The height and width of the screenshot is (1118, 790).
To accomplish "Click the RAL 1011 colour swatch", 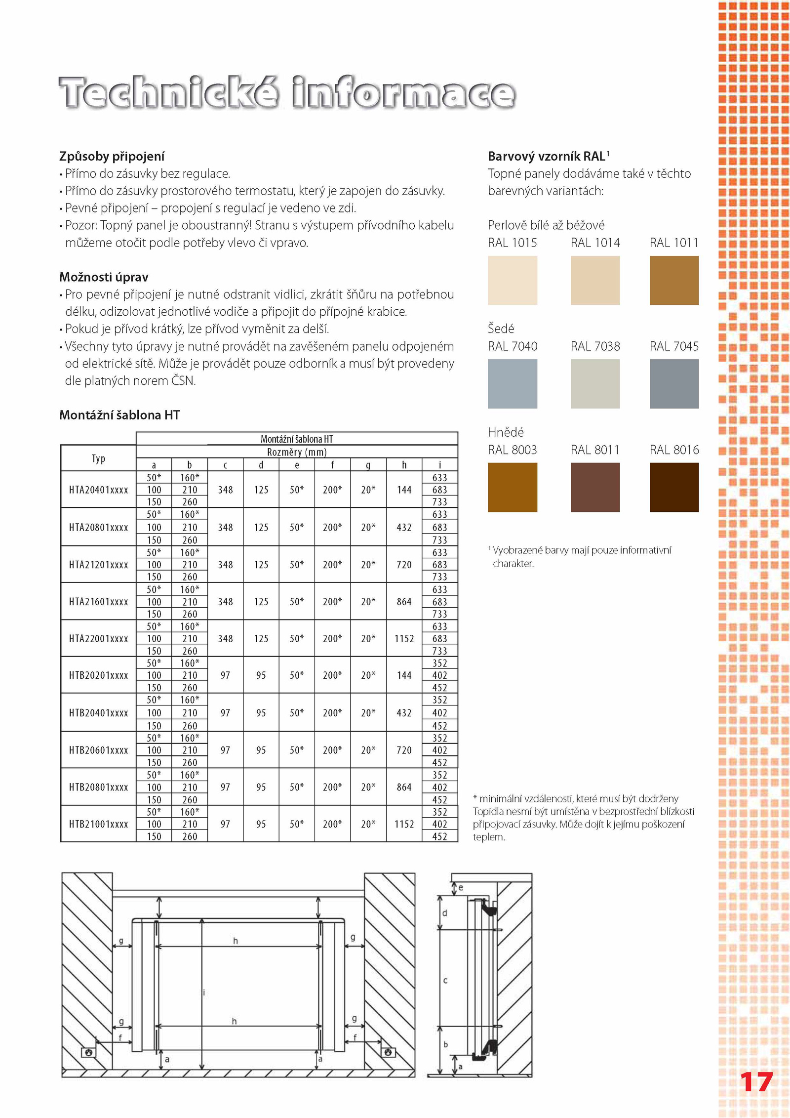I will pyautogui.click(x=673, y=280).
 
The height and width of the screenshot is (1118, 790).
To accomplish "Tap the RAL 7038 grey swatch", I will pyautogui.click(x=595, y=383).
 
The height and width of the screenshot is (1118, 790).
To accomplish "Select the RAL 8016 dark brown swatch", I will pyautogui.click(x=673, y=487).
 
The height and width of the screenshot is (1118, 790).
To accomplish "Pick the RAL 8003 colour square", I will pyautogui.click(x=512, y=487).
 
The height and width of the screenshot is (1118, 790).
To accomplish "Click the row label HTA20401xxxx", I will pyautogui.click(x=98, y=490).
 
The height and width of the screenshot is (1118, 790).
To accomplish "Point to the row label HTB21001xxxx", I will pyautogui.click(x=98, y=824).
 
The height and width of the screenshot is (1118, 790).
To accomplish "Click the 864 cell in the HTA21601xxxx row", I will pyautogui.click(x=404, y=602).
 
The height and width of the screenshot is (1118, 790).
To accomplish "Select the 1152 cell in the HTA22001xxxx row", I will pyautogui.click(x=404, y=639).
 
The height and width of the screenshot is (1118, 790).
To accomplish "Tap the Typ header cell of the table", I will pyautogui.click(x=98, y=458).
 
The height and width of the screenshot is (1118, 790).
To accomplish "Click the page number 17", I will pyautogui.click(x=756, y=1082).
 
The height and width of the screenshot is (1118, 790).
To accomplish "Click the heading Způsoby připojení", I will pyautogui.click(x=112, y=157).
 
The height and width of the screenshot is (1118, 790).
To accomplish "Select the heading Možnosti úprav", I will pyautogui.click(x=104, y=277).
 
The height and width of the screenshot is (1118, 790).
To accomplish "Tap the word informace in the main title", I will pyautogui.click(x=403, y=93).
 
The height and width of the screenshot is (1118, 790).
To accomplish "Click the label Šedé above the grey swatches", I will pyautogui.click(x=501, y=329).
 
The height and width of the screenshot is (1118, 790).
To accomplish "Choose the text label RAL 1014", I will pyautogui.click(x=595, y=243).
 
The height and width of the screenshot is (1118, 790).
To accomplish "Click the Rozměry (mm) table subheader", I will pyautogui.click(x=297, y=452).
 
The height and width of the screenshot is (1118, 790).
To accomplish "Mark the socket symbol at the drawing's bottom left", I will pyautogui.click(x=89, y=1052).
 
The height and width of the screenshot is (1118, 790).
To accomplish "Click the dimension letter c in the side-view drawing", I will pyautogui.click(x=445, y=980).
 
